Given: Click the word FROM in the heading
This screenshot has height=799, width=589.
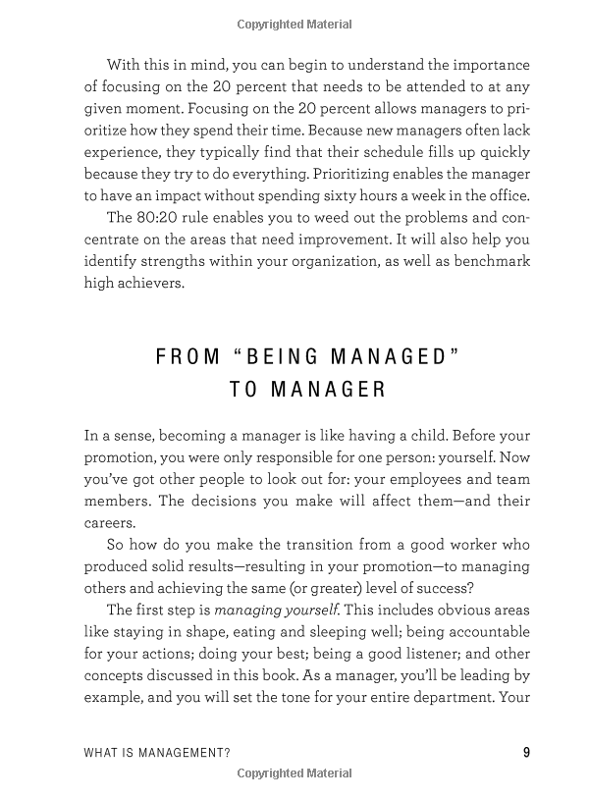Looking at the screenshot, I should click(x=186, y=356).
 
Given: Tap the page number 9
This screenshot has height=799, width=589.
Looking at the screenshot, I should click(x=526, y=753).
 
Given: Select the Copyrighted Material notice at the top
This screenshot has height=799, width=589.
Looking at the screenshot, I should click(x=294, y=22).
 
